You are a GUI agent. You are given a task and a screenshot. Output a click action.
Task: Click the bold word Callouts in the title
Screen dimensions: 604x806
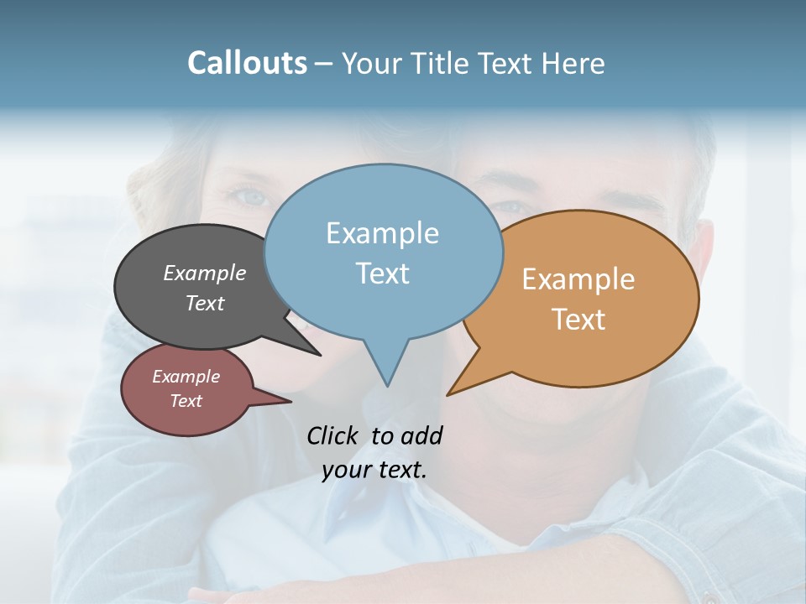pos(247,63)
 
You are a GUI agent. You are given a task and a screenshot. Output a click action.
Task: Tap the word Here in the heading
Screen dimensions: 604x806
pos(573,63)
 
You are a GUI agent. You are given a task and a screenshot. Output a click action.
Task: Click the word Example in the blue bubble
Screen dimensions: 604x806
pos(382,232)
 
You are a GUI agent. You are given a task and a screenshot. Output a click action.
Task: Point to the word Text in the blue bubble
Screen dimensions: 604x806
pos(382,273)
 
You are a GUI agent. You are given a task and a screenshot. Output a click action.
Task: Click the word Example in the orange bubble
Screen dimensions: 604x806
pos(578,279)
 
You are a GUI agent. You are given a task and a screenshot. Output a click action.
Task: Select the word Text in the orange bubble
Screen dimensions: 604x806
pos(578,319)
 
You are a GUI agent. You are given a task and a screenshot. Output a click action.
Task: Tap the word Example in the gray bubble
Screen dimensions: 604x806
pos(205,273)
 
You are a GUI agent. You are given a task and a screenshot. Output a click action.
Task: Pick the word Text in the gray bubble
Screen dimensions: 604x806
pos(205,303)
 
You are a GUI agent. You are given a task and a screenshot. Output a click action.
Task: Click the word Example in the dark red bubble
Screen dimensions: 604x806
pos(186,377)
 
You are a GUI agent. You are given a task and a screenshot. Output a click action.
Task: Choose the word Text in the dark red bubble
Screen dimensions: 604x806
pos(186,401)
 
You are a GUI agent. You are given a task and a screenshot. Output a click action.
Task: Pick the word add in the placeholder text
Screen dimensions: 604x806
pos(421,435)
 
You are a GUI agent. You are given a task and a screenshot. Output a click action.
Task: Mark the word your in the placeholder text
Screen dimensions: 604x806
pos(346,470)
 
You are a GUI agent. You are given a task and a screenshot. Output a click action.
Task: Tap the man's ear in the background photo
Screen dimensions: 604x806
pos(704,252)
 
